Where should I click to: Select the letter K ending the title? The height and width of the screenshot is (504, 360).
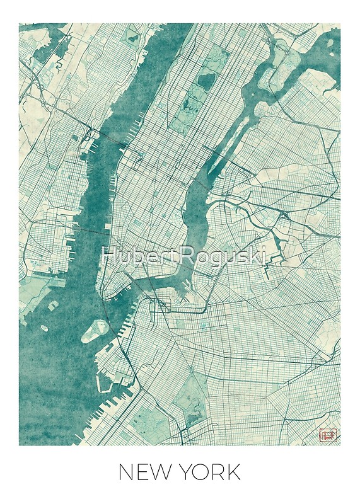tap(233, 472)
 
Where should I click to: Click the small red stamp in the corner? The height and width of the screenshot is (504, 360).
tap(328, 434)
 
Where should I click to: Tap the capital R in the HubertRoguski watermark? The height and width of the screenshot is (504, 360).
tap(197, 255)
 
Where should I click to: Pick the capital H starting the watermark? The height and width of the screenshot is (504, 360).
tap(108, 255)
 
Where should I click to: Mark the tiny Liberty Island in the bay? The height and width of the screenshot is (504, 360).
tap(45, 328)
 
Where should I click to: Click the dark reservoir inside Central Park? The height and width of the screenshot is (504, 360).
tap(206, 80)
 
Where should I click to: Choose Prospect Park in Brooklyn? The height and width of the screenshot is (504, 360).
tap(189, 397)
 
